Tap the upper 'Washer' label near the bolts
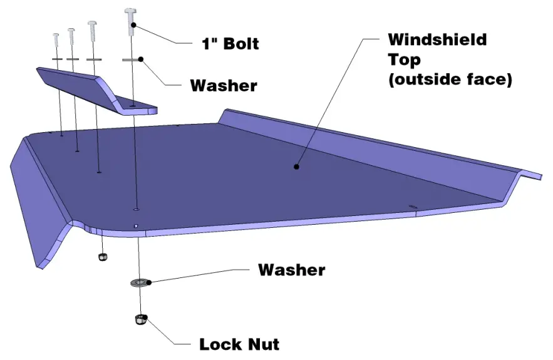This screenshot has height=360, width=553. coord(224,85)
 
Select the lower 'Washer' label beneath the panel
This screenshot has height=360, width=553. coord(292,270)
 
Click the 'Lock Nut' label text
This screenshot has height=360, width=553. coord(239,344)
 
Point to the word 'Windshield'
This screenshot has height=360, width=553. coord(437,39)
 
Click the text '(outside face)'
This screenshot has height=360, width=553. coord(450,80)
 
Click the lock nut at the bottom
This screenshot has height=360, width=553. coord(141,319)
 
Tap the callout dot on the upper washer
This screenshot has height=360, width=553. coord(142,59)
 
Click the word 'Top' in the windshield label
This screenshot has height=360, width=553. coord(403,59)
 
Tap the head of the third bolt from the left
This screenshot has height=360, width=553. coord(93,26)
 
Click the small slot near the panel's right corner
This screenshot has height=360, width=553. coord(413,207)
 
